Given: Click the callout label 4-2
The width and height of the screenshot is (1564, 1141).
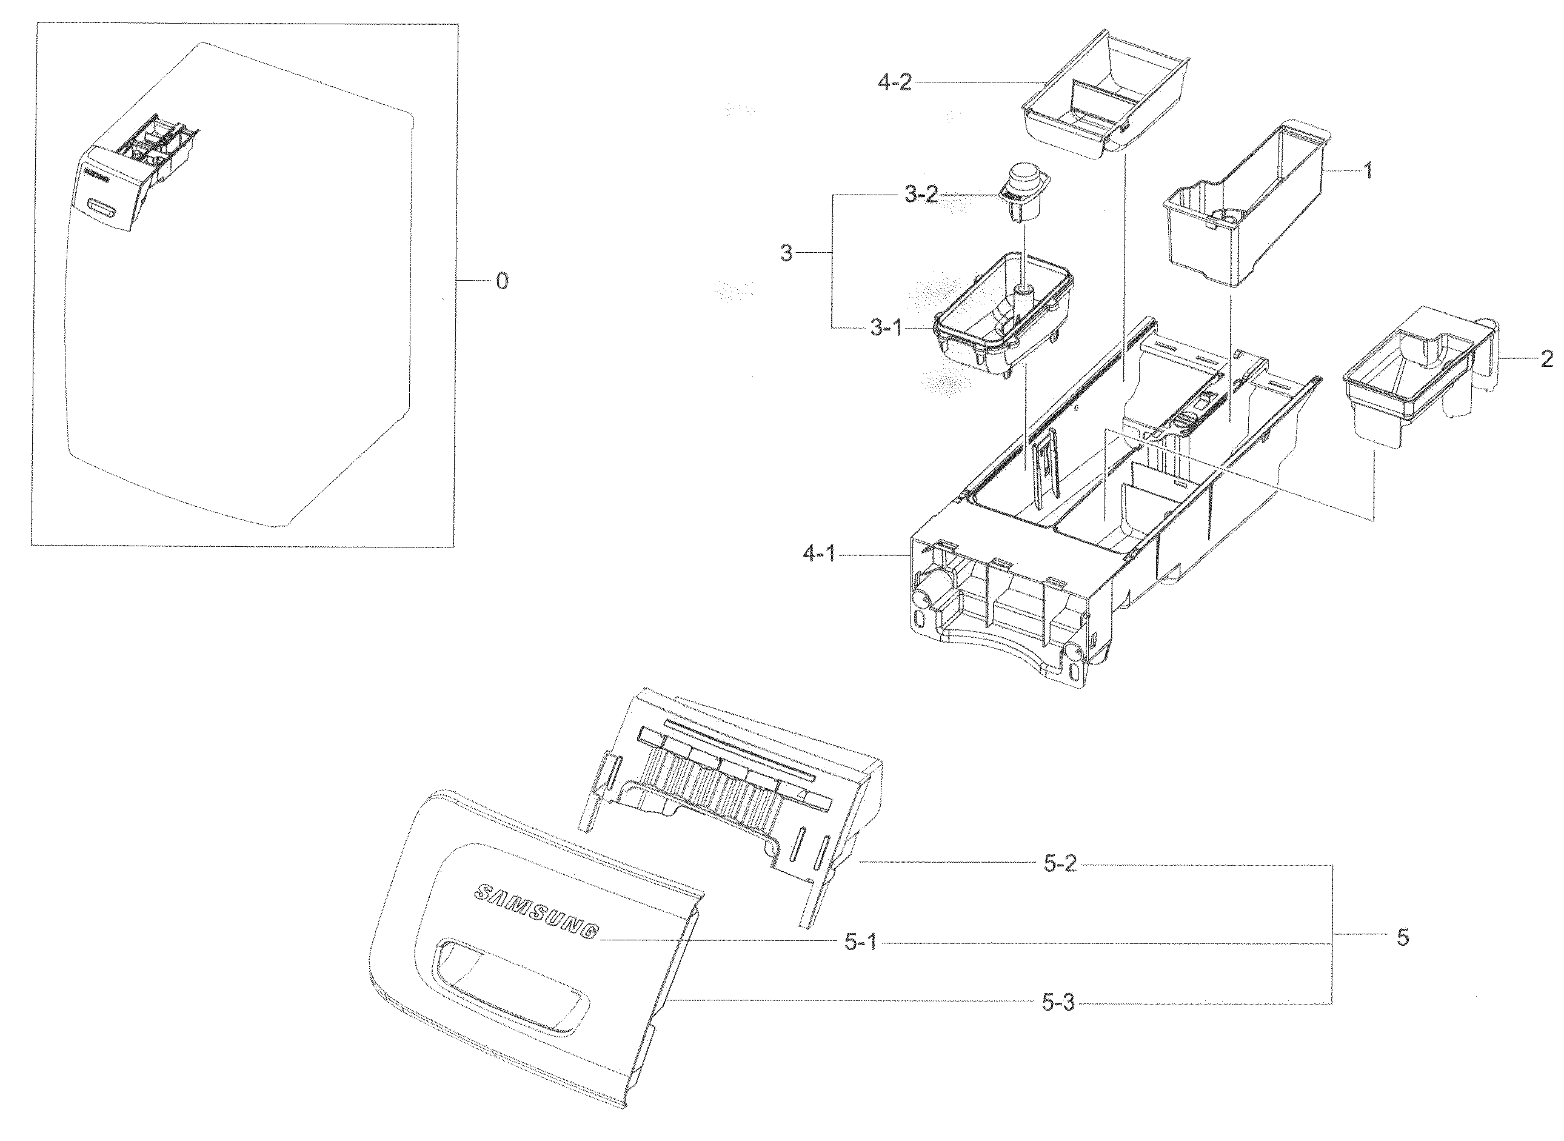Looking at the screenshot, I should [x=894, y=84].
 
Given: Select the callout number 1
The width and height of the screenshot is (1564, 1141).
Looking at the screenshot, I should [x=1367, y=170].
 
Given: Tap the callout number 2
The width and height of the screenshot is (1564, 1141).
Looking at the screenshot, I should [x=1546, y=359].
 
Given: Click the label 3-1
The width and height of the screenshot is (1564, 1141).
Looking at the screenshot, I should [x=886, y=328].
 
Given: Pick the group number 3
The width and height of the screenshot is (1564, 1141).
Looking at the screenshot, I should [x=786, y=253].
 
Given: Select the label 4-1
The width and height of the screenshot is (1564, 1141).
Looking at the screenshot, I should [x=818, y=554].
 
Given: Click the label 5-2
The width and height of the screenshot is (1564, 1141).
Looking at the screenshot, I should [x=1060, y=864].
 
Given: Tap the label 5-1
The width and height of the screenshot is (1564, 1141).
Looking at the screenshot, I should [x=860, y=943].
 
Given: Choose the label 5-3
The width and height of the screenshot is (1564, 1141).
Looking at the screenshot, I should [x=1058, y=1003].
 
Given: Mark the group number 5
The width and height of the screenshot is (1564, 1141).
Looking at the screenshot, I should [x=1402, y=937].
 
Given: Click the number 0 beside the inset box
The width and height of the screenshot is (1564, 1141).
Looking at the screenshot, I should [x=502, y=281].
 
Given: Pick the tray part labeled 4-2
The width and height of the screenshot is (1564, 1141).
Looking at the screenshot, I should [x=1107, y=100].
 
